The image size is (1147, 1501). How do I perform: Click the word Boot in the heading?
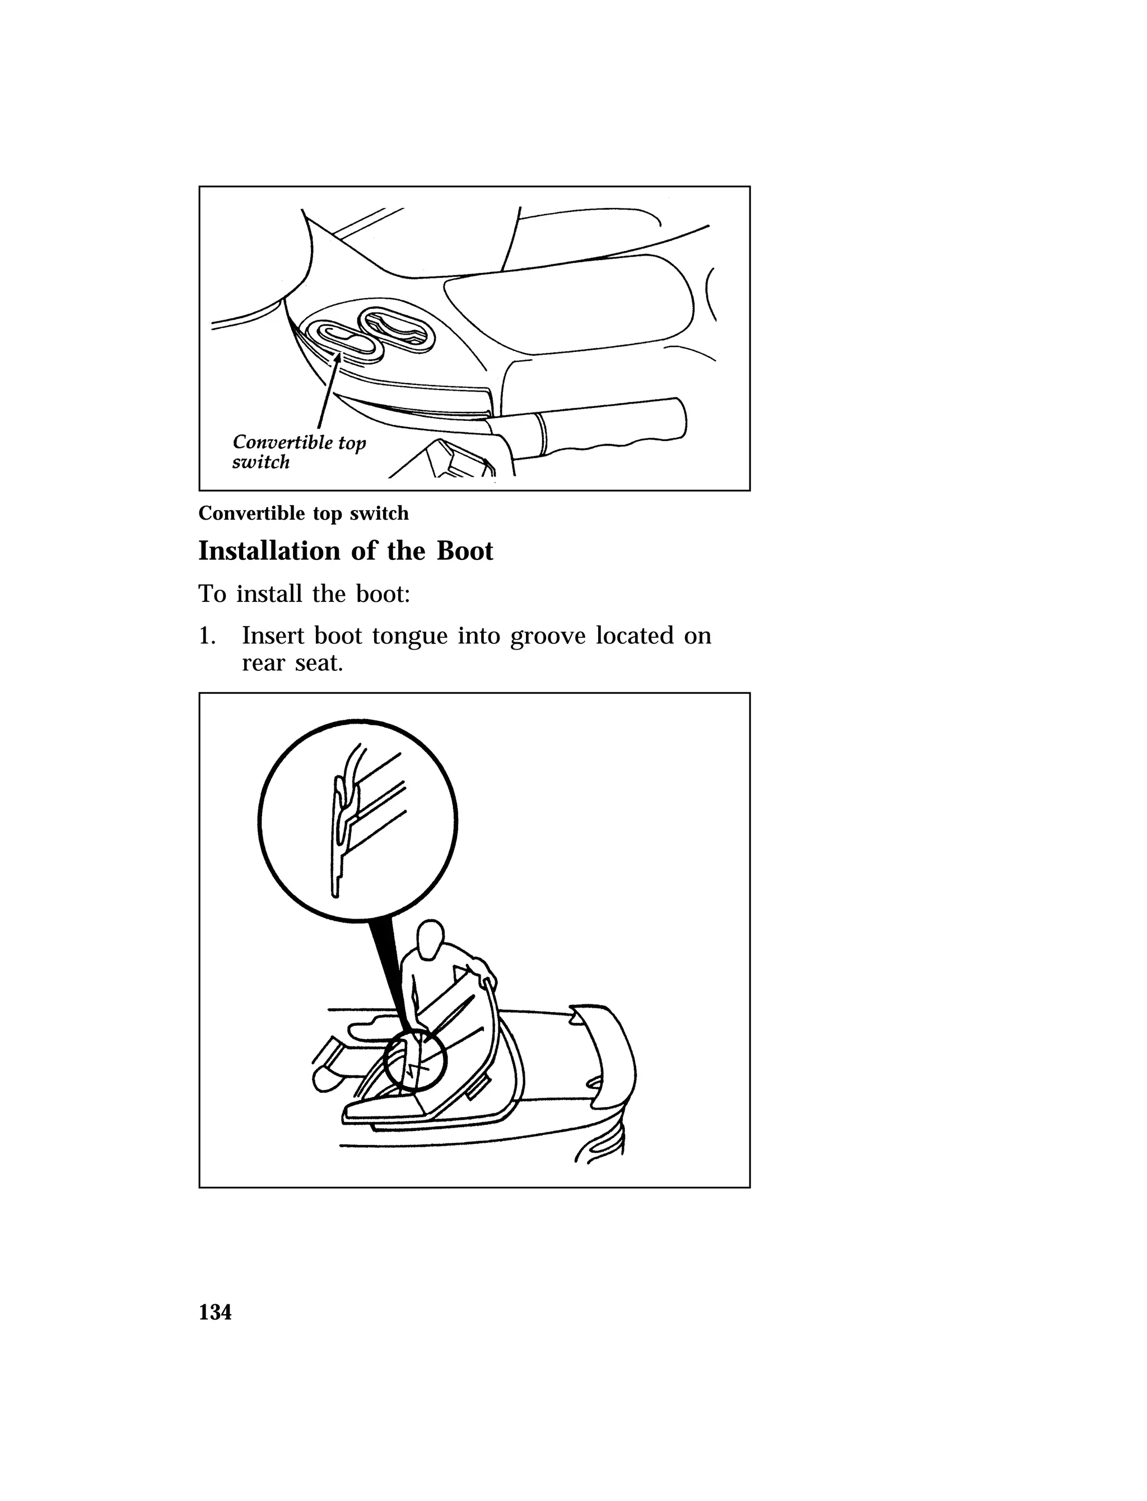click(x=464, y=550)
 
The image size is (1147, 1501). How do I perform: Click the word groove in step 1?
click(x=548, y=637)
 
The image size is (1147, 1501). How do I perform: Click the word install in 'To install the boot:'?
click(x=271, y=594)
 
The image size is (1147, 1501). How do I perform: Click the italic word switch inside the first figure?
click(x=261, y=462)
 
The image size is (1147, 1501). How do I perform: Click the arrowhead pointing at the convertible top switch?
click(x=337, y=356)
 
